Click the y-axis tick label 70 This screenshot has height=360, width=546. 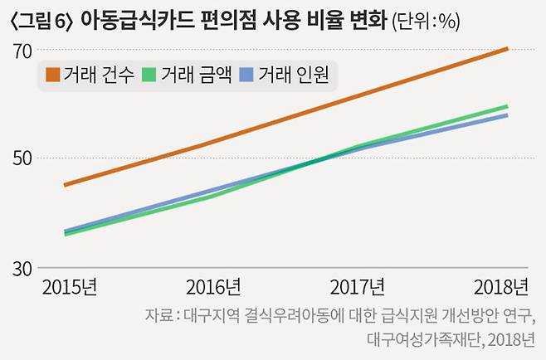pos(22,50)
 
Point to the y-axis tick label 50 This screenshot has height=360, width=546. pos(22,158)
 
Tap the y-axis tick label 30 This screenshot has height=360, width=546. pos(22,269)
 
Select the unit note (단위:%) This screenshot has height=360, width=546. pos(426,21)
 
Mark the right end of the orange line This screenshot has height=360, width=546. pos(507,49)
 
